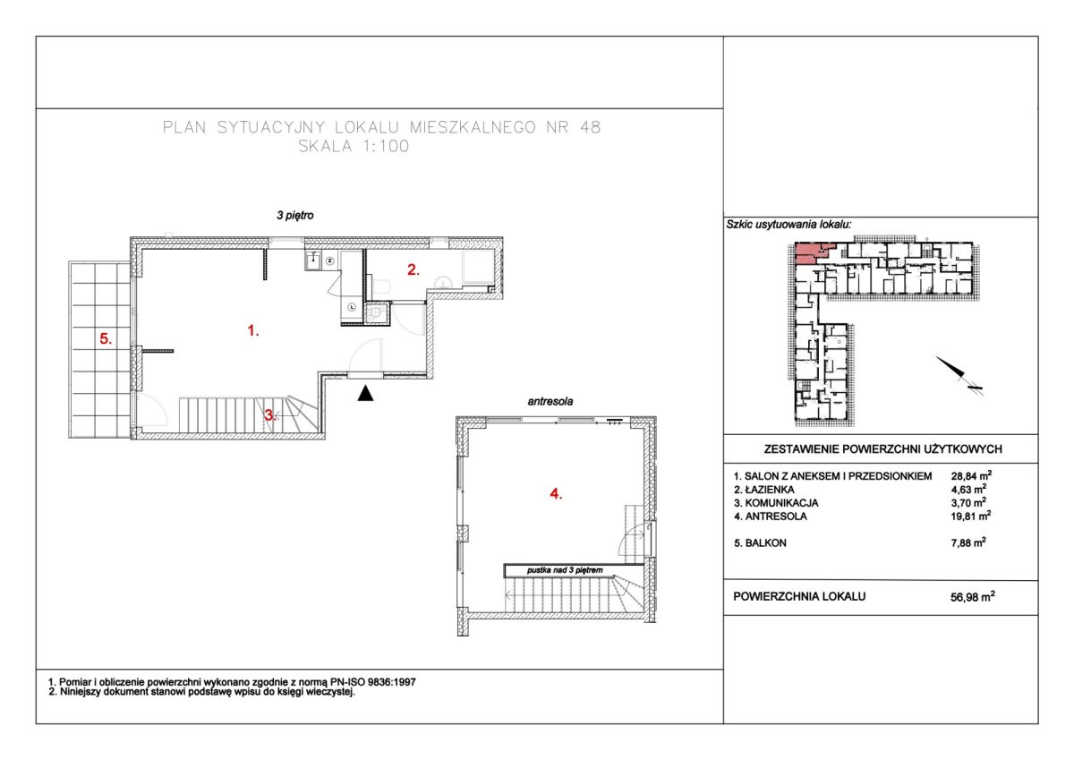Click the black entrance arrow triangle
click(x=365, y=393)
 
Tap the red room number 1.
click(x=253, y=330)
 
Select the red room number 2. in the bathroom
click(x=413, y=270)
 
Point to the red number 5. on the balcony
click(x=106, y=339)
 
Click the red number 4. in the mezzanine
click(x=556, y=493)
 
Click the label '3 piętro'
click(x=294, y=216)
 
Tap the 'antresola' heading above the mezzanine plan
click(x=550, y=401)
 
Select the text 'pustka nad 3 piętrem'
click(x=565, y=570)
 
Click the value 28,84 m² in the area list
click(x=971, y=475)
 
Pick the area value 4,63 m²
click(x=968, y=489)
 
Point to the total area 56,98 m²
click(x=972, y=596)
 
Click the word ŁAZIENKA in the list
click(x=770, y=490)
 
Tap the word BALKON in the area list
click(x=766, y=543)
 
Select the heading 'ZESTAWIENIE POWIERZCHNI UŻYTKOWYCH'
click(x=882, y=449)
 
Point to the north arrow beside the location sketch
click(x=959, y=375)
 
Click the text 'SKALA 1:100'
click(x=354, y=146)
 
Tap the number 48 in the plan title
click(x=590, y=127)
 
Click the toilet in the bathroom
click(x=382, y=286)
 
